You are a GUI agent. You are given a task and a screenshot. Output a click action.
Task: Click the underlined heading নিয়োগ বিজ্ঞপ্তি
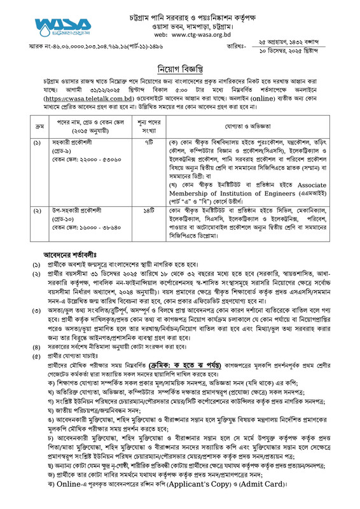pos(180,69)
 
